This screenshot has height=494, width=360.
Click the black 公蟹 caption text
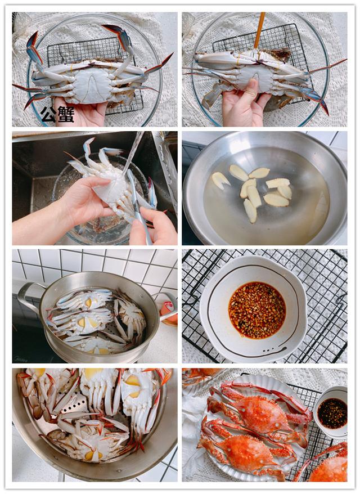click(57, 114)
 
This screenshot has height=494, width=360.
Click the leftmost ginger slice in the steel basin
click(220, 180)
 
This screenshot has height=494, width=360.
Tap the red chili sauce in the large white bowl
click(256, 309)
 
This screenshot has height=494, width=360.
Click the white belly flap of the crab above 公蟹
click(92, 84)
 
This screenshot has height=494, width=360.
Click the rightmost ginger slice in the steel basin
click(285, 191)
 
